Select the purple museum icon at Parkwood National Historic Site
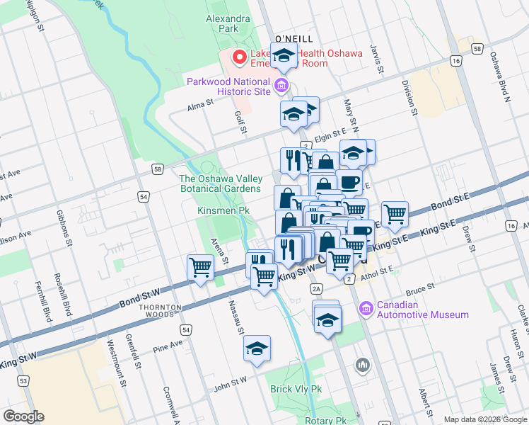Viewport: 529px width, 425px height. click(281, 86)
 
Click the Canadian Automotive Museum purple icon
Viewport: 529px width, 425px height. click(366, 308)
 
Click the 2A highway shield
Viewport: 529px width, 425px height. click(316, 288)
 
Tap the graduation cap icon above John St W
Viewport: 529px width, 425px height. click(257, 348)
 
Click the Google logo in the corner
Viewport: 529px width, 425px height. click(23, 416)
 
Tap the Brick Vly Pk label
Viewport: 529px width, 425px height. click(296, 389)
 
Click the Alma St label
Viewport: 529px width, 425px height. click(200, 103)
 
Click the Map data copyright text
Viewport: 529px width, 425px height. click(485, 419)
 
